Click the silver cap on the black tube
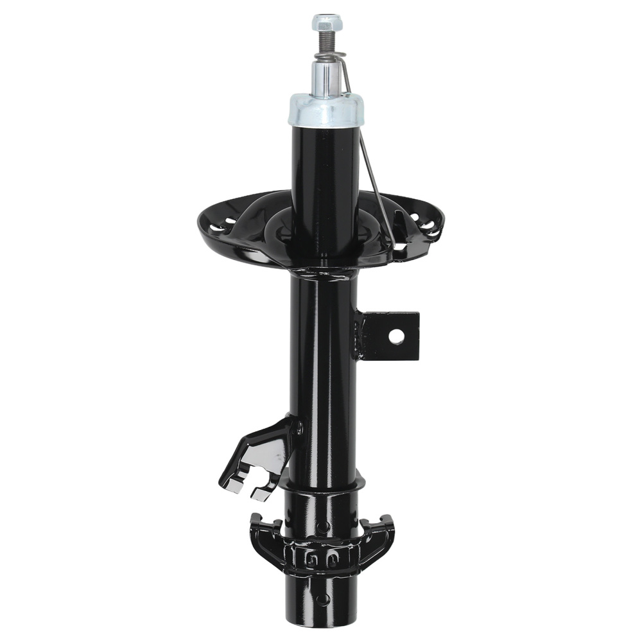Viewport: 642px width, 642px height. point(325,109)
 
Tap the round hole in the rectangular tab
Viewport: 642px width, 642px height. point(398,336)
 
